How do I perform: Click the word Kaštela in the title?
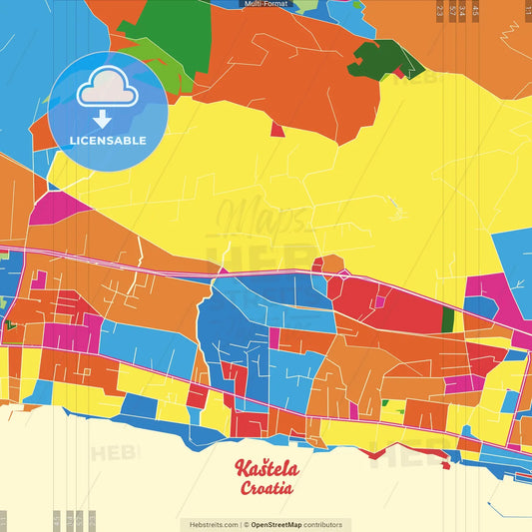[x=266, y=469]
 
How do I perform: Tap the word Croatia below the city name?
[x=266, y=489]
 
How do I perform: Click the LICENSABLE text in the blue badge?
[x=107, y=140]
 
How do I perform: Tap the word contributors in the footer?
[x=324, y=524]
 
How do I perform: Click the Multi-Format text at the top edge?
[x=266, y=4]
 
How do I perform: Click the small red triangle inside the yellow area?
[x=276, y=130]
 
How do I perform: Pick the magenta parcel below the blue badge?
[x=59, y=209]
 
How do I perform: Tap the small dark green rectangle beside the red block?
[x=447, y=320]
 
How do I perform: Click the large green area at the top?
[x=178, y=30]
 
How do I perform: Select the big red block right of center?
[x=384, y=304]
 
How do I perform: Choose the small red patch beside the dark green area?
[x=399, y=73]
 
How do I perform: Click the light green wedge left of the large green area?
[x=150, y=55]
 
